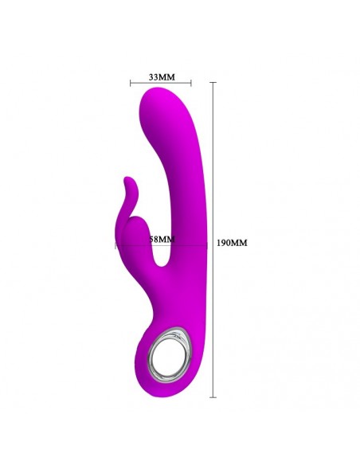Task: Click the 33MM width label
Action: click(161, 76)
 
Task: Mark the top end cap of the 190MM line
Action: click(213, 80)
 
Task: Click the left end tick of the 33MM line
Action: click(131, 83)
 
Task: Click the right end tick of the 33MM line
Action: click(191, 83)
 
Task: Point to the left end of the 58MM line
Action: click(115, 246)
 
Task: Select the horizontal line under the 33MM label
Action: click(161, 83)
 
